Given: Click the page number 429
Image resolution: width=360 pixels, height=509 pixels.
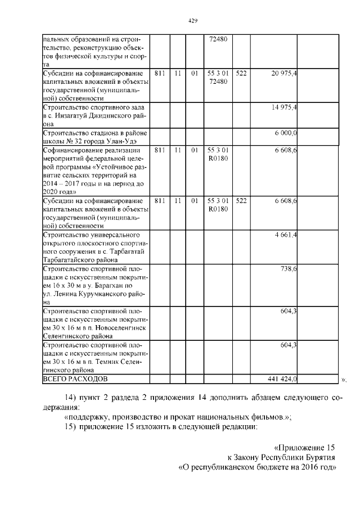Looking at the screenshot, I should click(192, 20).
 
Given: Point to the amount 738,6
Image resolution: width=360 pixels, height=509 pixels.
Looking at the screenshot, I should click(289, 269).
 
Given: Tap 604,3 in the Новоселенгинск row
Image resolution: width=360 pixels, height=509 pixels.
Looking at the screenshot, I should click(289, 310).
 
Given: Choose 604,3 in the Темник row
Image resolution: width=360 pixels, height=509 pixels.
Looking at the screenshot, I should click(289, 345).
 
